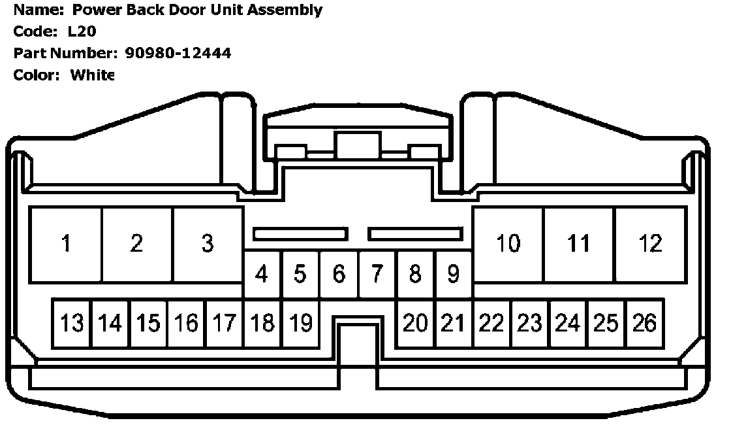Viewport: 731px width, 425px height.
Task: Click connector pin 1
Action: pos(66,244)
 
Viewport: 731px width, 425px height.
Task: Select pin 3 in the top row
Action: pos(208,244)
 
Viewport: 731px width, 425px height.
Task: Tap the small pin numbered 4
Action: pos(262,274)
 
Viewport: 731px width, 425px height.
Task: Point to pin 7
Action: pos(377,274)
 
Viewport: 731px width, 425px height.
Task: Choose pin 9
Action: pos(453,274)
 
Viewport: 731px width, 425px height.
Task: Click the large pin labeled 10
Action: pos(508,244)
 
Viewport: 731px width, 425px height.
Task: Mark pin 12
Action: pos(650,244)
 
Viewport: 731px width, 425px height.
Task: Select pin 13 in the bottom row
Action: pos(72,323)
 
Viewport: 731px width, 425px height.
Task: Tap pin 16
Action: pos(186,323)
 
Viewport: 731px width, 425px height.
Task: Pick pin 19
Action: pos(300,323)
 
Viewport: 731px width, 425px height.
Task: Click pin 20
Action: pos(414,323)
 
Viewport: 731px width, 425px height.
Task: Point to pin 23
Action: pos(529,323)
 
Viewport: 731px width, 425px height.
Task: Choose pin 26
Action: pos(644,323)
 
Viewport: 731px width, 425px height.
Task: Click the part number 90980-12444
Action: pos(178,53)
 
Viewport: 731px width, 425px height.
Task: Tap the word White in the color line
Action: pos(93,75)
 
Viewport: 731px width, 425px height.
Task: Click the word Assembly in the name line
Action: pos(289,10)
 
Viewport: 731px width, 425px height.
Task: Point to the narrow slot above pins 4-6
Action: pos(300,233)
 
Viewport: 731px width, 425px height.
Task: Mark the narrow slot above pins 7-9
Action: pos(415,233)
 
